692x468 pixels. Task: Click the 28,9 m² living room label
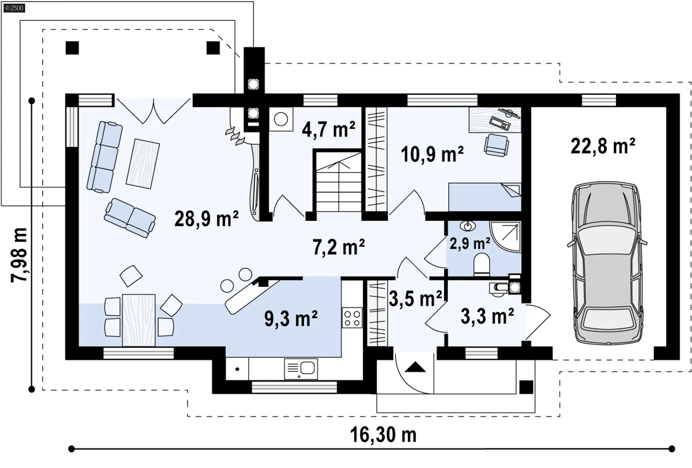tap(207, 218)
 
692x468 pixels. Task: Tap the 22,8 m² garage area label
tap(603, 146)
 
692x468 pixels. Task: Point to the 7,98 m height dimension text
tap(19, 255)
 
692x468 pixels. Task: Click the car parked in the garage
tap(607, 263)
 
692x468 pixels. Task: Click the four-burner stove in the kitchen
tap(352, 318)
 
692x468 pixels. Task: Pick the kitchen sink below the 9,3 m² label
tap(301, 368)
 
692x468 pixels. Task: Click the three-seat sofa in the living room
tap(105, 157)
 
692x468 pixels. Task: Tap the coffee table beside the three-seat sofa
tap(143, 163)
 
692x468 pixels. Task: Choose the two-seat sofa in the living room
tap(130, 217)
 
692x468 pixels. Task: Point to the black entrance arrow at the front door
tap(415, 367)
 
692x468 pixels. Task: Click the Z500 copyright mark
tap(14, 8)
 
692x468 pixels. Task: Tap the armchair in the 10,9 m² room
tap(497, 145)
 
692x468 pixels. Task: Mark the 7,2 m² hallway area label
tap(338, 247)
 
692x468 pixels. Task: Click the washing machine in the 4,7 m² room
tap(281, 119)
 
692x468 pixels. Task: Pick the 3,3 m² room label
tap(487, 316)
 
